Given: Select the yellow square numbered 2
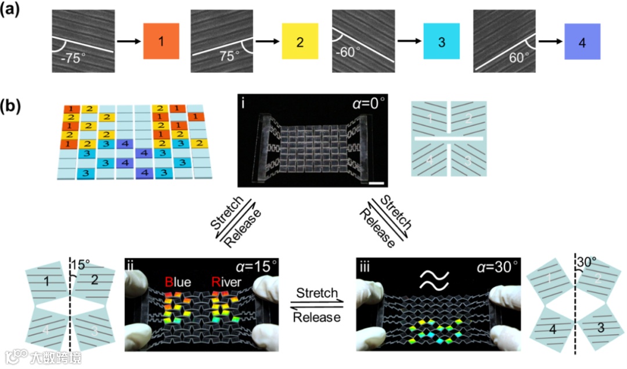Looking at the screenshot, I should click(x=300, y=41).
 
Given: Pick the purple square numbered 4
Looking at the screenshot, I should click(x=581, y=41).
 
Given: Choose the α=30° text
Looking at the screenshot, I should click(x=493, y=267).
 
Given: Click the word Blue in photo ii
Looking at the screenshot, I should click(x=178, y=283).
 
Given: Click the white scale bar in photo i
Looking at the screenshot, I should click(x=377, y=184).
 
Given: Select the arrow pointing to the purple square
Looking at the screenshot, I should click(x=550, y=42).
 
